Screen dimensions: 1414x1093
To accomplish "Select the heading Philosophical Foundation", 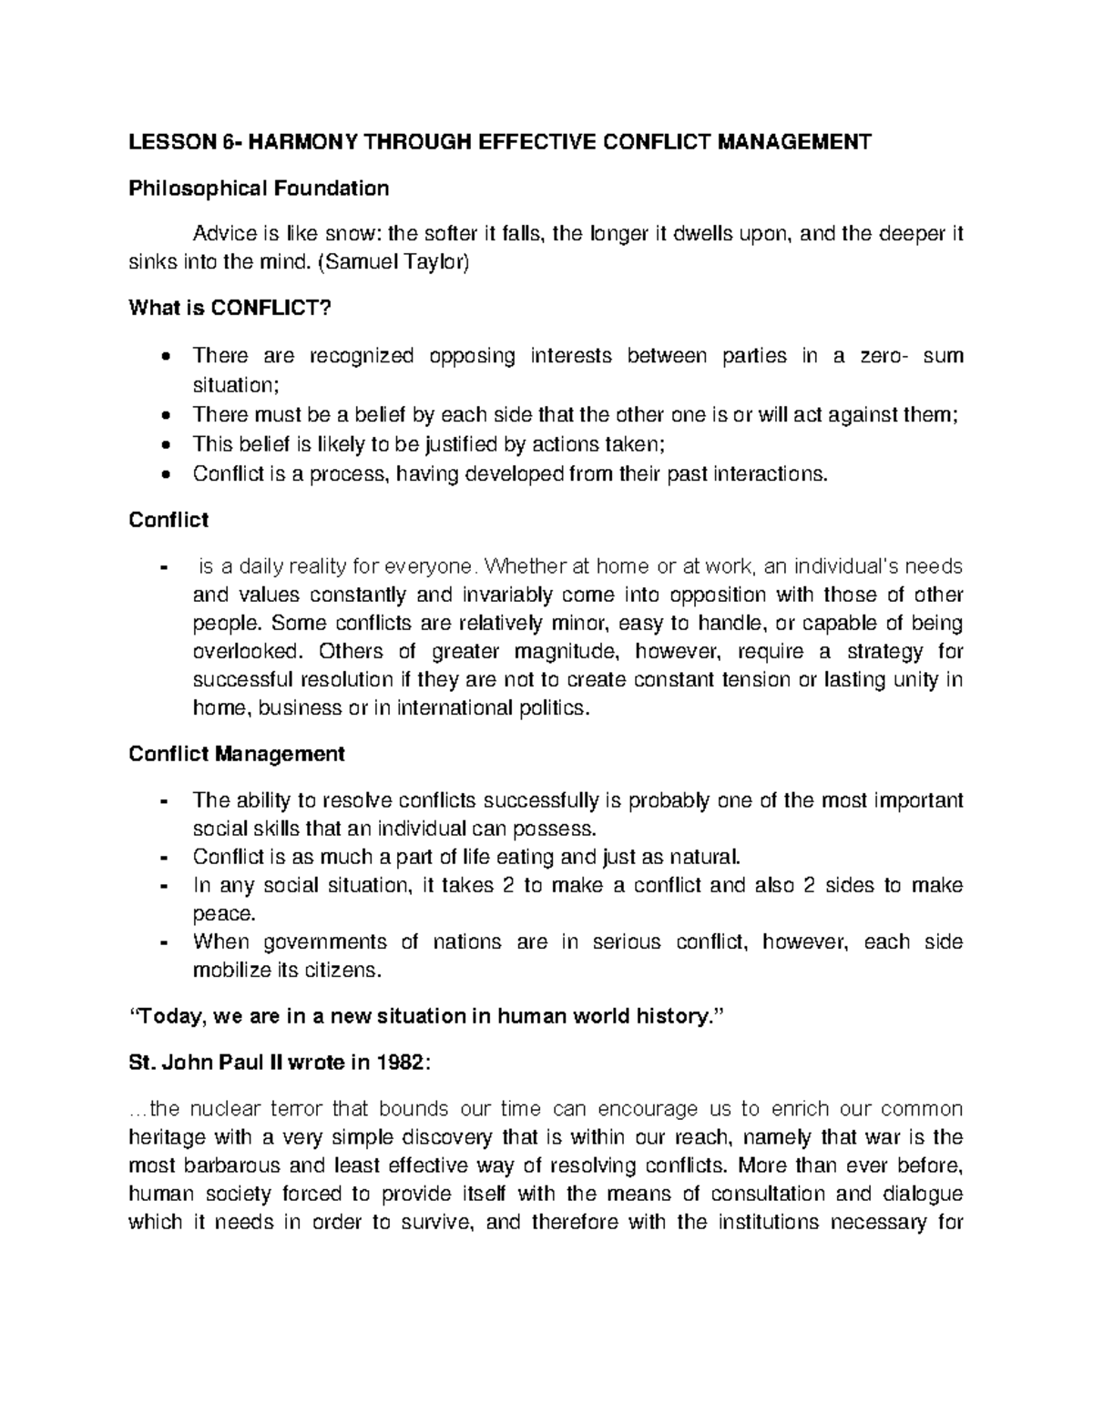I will coord(259,188).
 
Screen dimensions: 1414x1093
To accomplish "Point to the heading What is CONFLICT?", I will coord(225,309).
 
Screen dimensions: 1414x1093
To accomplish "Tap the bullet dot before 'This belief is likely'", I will coord(164,445).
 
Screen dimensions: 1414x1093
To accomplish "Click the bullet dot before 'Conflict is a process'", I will coord(164,474).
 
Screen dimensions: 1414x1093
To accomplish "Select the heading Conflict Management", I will coord(237,754).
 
